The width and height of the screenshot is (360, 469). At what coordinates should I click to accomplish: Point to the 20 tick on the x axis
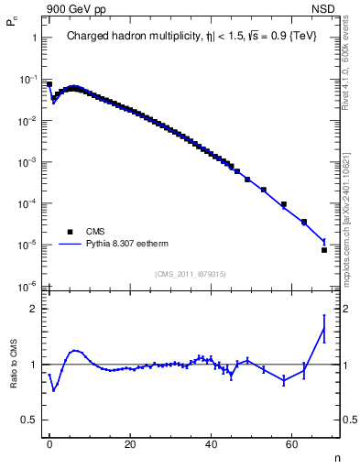[130, 443]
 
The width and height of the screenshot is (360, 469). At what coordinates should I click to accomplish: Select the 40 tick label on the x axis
[211, 443]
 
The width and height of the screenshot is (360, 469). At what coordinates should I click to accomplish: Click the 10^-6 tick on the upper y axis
[29, 286]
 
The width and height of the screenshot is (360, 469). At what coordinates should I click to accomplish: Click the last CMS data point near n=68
[324, 249]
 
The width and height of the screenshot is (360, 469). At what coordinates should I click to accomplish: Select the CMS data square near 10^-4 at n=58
[284, 204]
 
